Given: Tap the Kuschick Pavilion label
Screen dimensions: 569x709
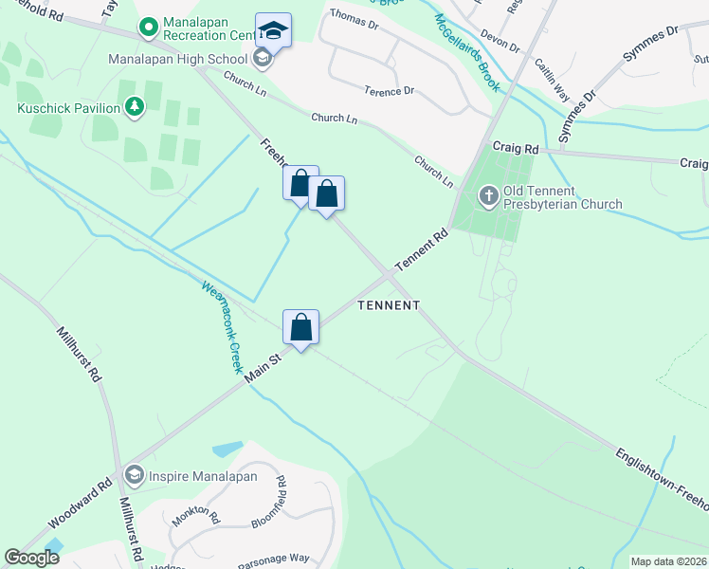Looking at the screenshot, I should point(69,107).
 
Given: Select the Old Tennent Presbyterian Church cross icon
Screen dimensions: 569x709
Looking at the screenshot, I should point(488,196).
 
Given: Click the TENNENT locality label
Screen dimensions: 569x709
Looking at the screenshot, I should point(388,305).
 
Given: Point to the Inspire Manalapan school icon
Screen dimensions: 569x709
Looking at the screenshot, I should point(135,474).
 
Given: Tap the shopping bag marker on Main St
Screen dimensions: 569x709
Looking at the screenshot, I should point(300,328).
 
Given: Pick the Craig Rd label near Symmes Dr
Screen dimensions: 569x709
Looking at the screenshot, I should point(516,149).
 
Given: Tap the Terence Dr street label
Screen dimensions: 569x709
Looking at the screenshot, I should point(390,91).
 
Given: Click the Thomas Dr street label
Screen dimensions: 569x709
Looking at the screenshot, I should point(354,15).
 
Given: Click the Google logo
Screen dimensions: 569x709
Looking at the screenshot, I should point(32,558).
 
